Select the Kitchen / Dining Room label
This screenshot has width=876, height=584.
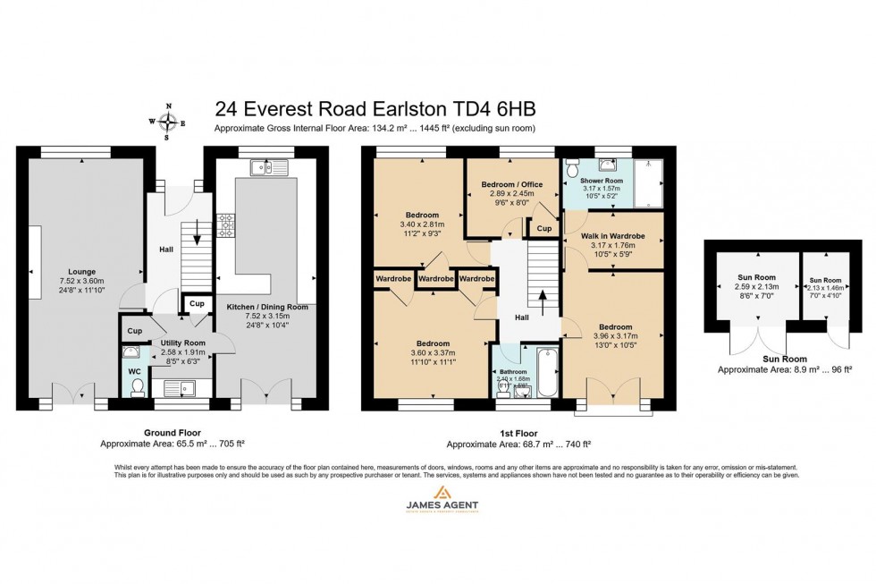click(x=266, y=307)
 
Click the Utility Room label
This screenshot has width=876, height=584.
click(x=182, y=343)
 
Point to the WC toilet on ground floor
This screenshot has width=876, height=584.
click(x=137, y=386)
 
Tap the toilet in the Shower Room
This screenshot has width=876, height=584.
click(x=574, y=167)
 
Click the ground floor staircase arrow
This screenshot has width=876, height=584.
click(x=197, y=240)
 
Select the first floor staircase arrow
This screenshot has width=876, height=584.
click(x=542, y=299)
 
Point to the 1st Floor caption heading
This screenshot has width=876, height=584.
click(x=518, y=432)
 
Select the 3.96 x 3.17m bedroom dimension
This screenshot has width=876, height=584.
click(x=615, y=336)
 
